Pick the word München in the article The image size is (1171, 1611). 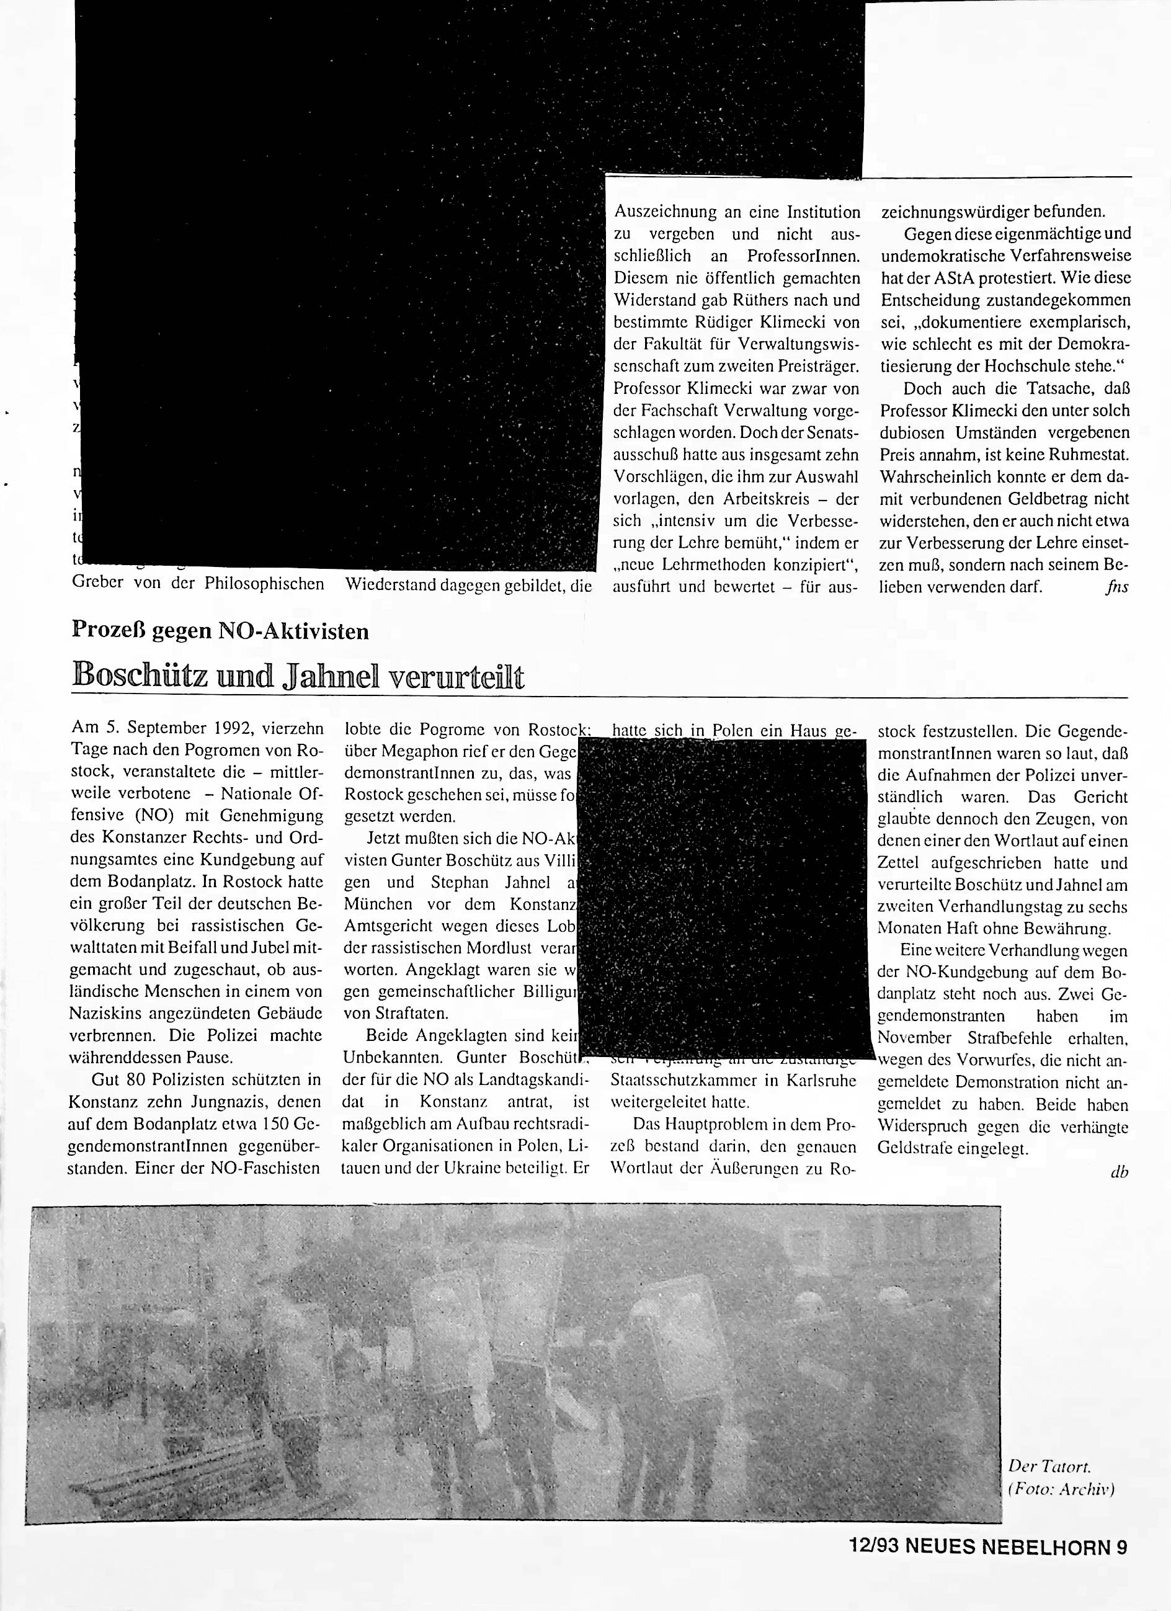(x=378, y=904)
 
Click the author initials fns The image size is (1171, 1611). (x=1116, y=587)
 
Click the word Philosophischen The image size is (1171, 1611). (x=264, y=584)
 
